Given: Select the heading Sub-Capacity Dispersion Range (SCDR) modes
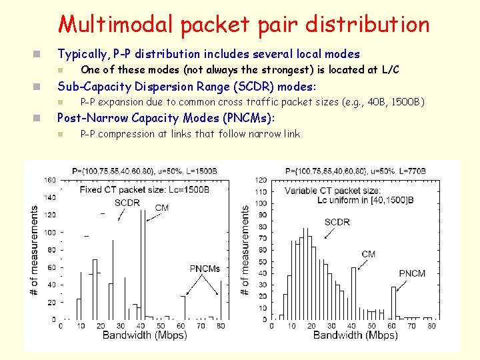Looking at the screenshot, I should (187, 86).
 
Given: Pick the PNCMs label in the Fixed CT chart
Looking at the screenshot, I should (205, 269).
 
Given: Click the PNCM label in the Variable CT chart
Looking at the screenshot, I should (412, 274).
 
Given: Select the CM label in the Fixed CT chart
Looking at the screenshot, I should (161, 207).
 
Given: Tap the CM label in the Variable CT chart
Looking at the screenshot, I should (368, 254).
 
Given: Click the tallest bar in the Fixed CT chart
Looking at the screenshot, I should (143, 267).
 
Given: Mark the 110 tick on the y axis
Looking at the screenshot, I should (262, 191).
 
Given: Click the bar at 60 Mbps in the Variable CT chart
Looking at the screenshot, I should (393, 303).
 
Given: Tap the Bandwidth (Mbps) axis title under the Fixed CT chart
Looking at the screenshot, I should (144, 335).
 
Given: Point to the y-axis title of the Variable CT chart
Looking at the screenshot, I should (245, 250).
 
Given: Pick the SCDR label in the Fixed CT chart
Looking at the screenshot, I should (127, 203).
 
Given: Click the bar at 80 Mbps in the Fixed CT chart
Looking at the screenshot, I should (221, 307).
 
